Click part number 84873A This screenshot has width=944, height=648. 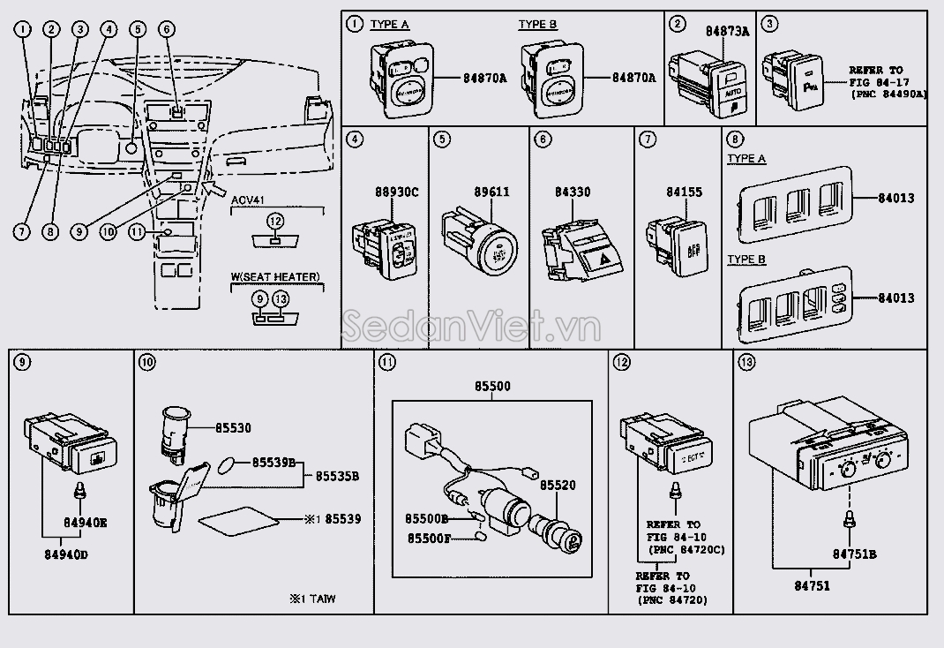click(x=727, y=31)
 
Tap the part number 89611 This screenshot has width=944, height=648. click(x=491, y=192)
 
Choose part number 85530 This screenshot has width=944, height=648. click(x=233, y=428)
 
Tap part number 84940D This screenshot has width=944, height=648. click(x=65, y=555)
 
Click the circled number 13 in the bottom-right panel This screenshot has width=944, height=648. click(x=745, y=362)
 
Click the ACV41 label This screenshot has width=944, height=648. click(x=248, y=200)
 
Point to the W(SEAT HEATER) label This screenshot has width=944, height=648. click(x=276, y=276)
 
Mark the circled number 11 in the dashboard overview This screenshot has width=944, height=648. click(x=135, y=232)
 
